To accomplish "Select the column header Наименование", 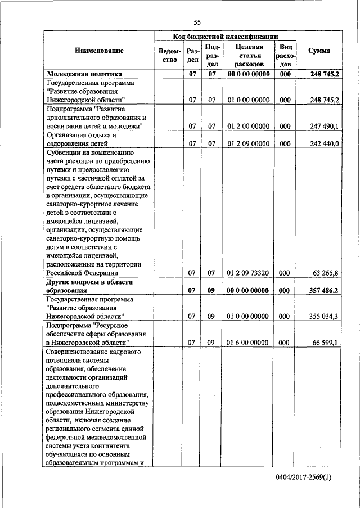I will [x=98, y=51].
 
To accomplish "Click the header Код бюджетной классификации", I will [x=226, y=35].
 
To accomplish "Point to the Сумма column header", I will [x=319, y=51].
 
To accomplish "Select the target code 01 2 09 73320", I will [x=247, y=273].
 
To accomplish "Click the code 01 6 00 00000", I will [x=247, y=342].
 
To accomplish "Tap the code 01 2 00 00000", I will [x=247, y=126].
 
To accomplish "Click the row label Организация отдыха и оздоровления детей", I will [x=82, y=139].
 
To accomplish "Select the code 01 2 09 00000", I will [x=247, y=143].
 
